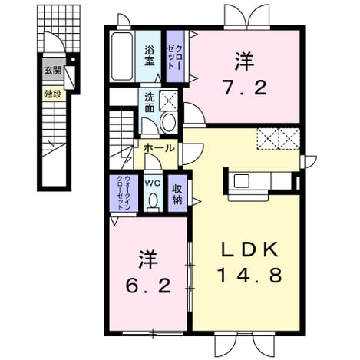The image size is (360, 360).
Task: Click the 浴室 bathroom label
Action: pyautogui.click(x=149, y=55)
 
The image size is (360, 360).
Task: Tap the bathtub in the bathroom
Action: pyautogui.click(x=122, y=56)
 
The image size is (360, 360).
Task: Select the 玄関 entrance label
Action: pyautogui.click(x=53, y=70)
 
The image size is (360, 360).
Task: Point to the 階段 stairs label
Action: pyautogui.click(x=53, y=94)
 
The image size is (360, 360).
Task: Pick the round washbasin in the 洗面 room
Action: pyautogui.click(x=169, y=122)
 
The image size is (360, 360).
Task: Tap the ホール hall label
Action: pyautogui.click(x=159, y=148)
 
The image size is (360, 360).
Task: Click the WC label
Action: pyautogui.click(x=153, y=183)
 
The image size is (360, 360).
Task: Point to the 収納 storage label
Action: pyautogui.click(x=177, y=194)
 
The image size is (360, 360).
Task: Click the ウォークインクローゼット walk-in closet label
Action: pyautogui.click(x=124, y=193)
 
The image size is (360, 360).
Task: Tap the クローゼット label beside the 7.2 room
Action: pyautogui.click(x=175, y=57)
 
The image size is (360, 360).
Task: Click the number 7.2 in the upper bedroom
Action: pyautogui.click(x=245, y=88)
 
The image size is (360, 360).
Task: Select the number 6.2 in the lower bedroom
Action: pyautogui.click(x=148, y=286)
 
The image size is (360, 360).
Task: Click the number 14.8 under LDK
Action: pyautogui.click(x=249, y=275)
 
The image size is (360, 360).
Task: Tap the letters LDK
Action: pyautogui.click(x=249, y=249)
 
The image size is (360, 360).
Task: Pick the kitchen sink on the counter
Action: pyautogui.click(x=242, y=181)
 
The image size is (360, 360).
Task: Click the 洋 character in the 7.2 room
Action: pyautogui.click(x=245, y=61)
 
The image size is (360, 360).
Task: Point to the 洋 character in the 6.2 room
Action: pyautogui.click(x=148, y=259)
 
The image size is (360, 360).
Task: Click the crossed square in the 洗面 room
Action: pyautogui.click(x=169, y=101)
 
